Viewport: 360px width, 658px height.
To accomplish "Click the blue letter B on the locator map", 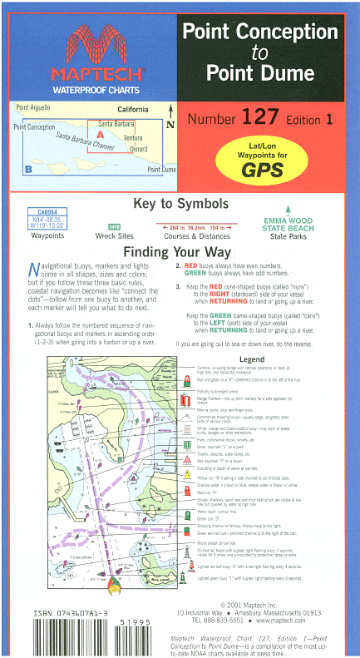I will coord(28,170).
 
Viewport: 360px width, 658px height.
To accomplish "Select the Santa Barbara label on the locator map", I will coord(118,123).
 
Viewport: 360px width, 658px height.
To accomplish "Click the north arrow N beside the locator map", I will coord(171,124).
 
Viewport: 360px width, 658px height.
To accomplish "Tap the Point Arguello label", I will coord(33,108).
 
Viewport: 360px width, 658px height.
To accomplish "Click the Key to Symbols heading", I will coord(180,205).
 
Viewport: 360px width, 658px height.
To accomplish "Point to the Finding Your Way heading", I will coord(180,252).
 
